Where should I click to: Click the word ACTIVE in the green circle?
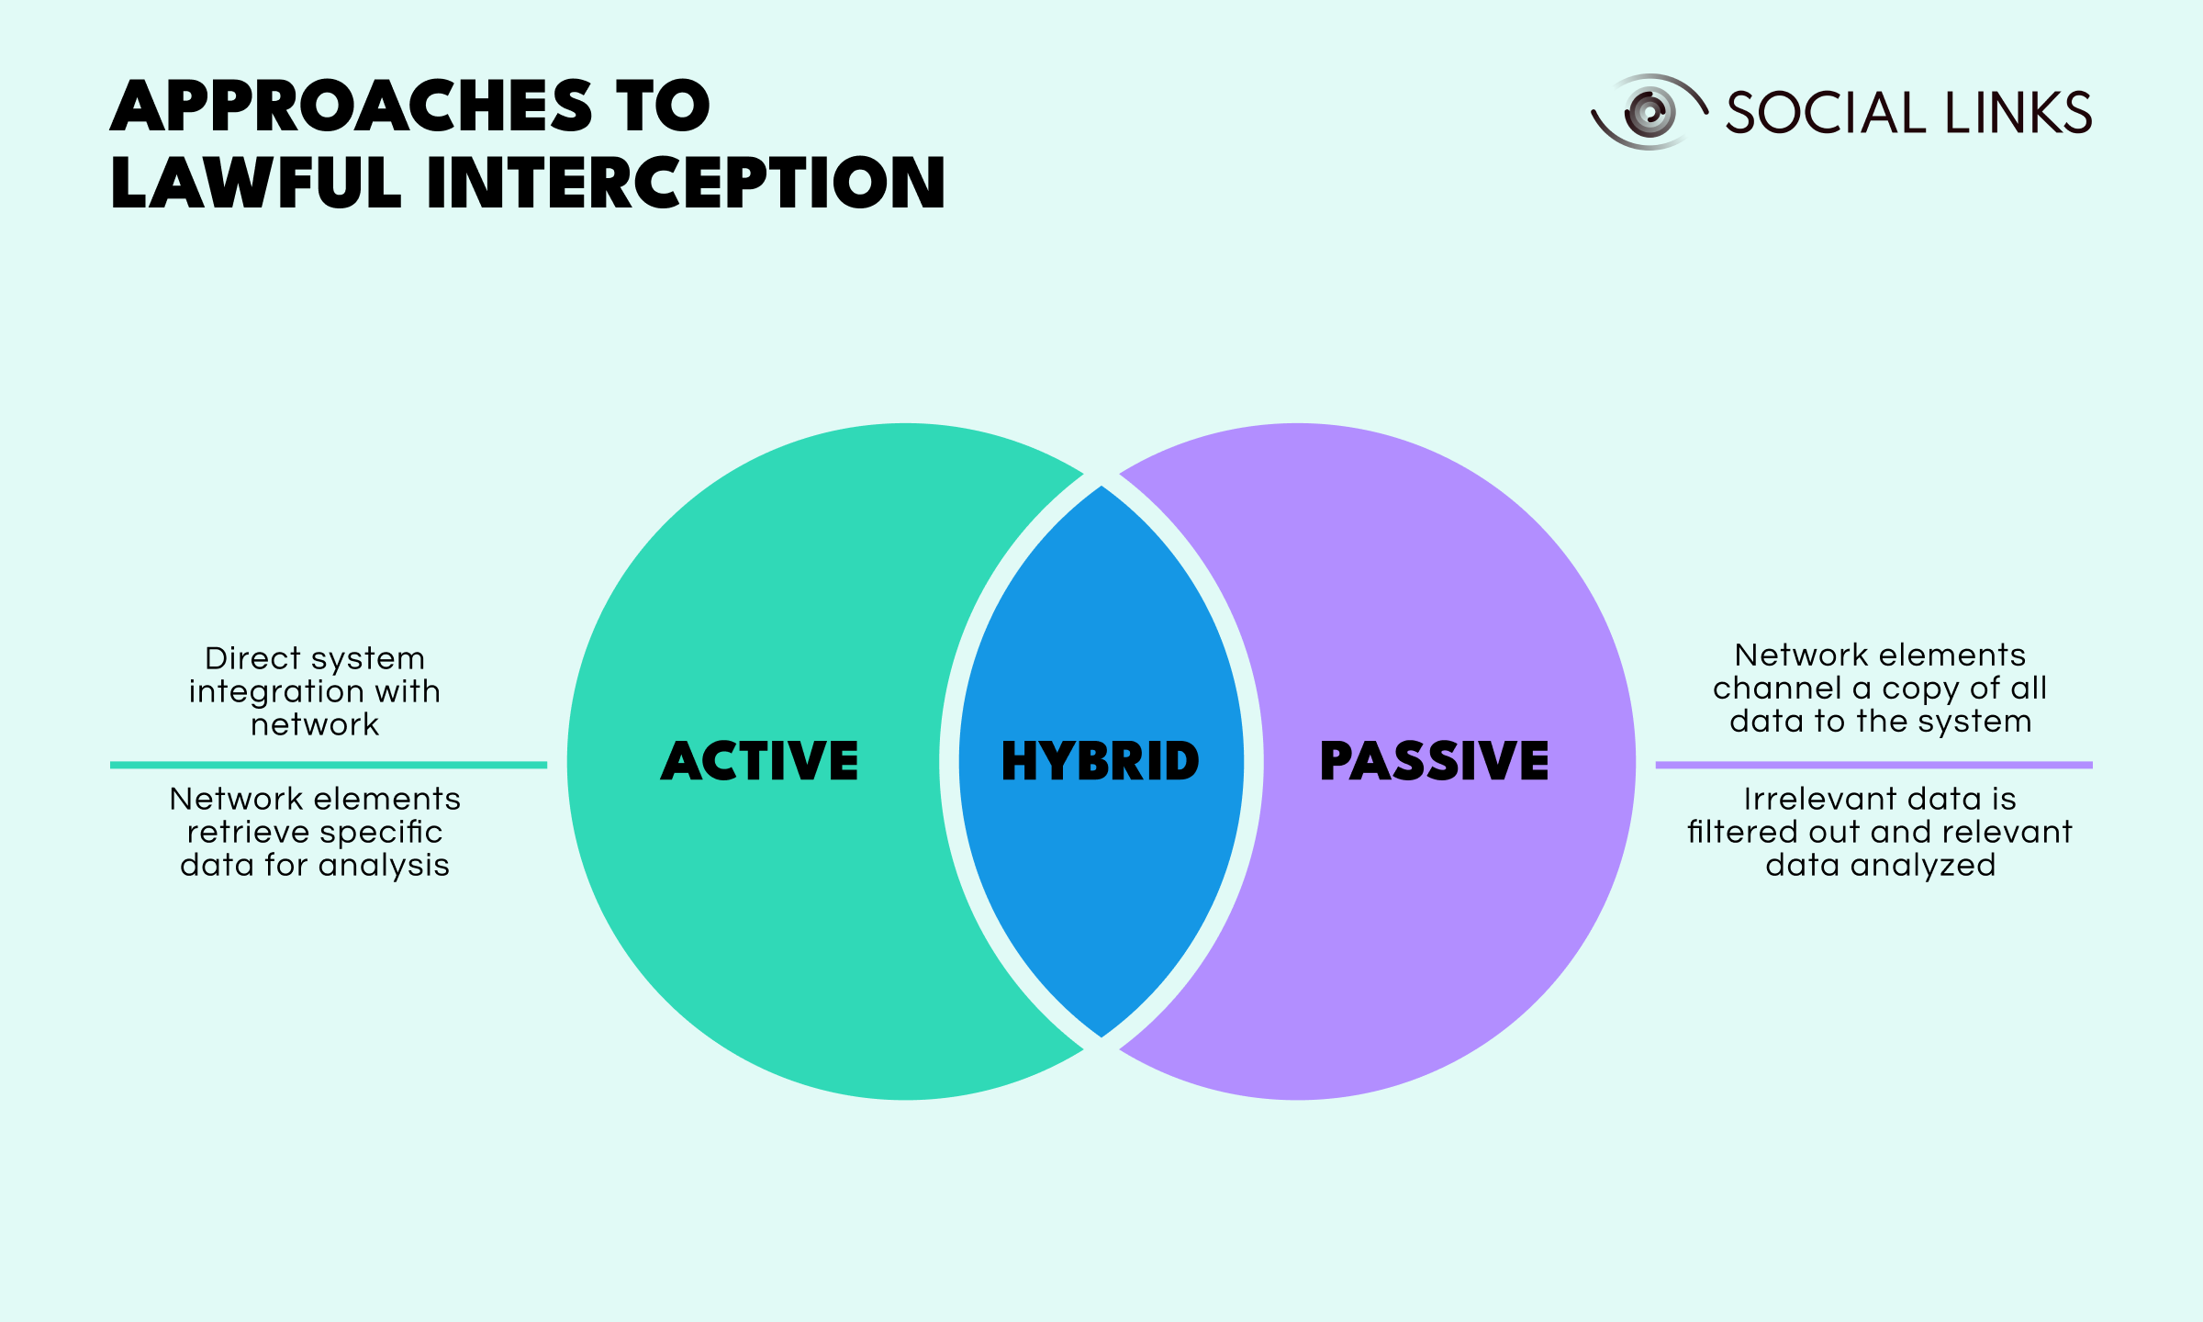point(759,761)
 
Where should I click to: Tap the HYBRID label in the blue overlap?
point(1100,761)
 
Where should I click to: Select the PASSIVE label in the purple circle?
point(1434,761)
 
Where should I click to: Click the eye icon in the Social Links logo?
point(1649,112)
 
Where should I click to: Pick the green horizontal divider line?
point(329,765)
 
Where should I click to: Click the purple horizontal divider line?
point(1874,765)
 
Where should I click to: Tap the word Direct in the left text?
point(253,658)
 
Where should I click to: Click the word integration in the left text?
point(273,691)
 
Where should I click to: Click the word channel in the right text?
point(1778,688)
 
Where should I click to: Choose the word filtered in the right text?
point(1742,832)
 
